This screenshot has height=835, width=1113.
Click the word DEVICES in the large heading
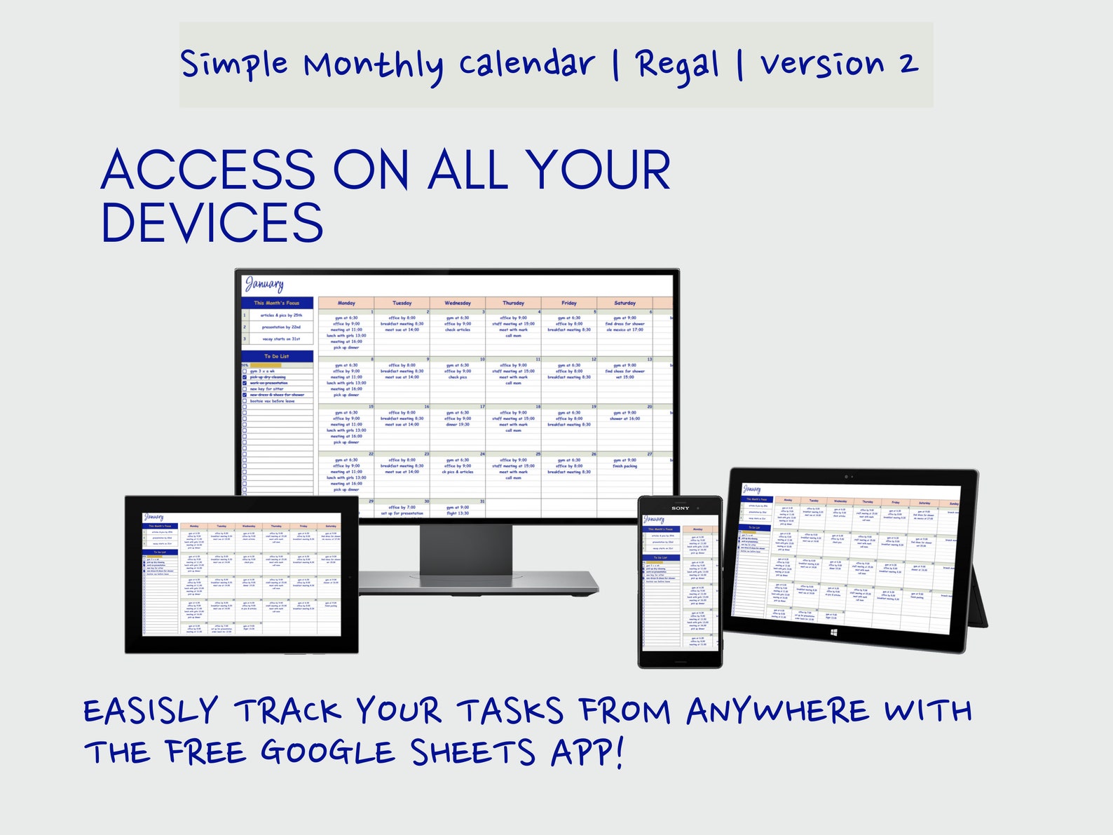click(212, 224)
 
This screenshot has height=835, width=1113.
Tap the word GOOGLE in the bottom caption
click(327, 752)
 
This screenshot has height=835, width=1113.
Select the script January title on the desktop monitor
click(264, 285)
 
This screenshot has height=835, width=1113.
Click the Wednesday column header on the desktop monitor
click(457, 303)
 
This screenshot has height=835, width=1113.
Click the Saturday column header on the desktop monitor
click(624, 303)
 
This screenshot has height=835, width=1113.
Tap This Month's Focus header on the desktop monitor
click(277, 303)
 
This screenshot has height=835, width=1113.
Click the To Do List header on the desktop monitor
click(277, 356)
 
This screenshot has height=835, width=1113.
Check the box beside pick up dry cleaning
click(245, 377)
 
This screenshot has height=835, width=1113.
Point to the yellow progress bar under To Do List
click(265, 365)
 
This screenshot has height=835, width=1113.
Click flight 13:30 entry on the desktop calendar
click(457, 513)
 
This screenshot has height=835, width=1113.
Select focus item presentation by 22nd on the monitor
click(281, 327)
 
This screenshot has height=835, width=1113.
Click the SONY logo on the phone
click(681, 508)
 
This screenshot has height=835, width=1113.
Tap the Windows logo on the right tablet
click(834, 632)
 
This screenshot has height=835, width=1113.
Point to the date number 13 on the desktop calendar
click(650, 359)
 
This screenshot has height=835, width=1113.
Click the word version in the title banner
click(821, 65)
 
